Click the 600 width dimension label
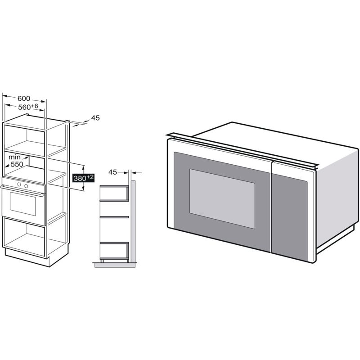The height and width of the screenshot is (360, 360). pos(24,98)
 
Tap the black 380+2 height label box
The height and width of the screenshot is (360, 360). pos(83,178)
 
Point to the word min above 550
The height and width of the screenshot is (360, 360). pos(14,157)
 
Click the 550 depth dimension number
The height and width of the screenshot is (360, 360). pos(17,164)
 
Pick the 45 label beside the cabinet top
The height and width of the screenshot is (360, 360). pos(95,118)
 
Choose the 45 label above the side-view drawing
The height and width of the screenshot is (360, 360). pos(113,172)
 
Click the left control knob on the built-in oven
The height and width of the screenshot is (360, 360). pos(19,184)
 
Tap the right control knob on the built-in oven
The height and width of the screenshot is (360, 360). pos(26,186)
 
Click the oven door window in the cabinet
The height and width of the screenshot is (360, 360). pos(23,204)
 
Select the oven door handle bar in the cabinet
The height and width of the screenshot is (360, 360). pos(22,191)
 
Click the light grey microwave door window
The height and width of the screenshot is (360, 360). pos(222,199)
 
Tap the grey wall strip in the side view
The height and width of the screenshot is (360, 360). pos(133,221)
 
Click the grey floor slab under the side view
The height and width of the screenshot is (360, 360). pos(115,265)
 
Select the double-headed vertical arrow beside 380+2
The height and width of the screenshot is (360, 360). pos(83,178)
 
